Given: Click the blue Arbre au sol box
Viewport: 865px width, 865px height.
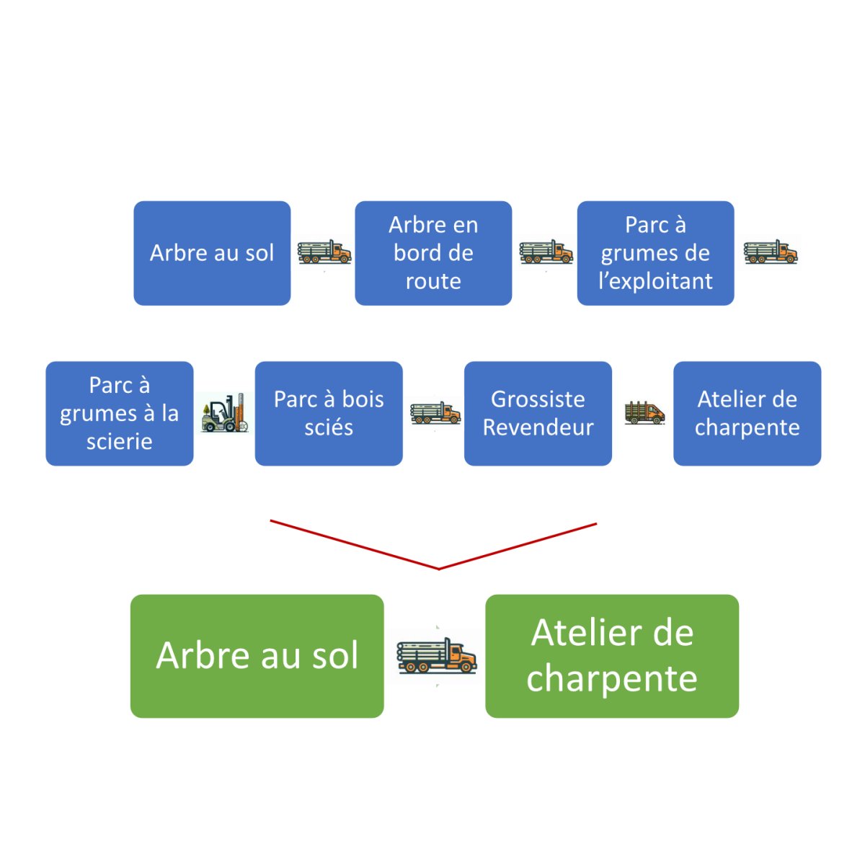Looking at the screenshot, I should coord(212,253).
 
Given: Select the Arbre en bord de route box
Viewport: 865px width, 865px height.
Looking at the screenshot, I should coord(433,253).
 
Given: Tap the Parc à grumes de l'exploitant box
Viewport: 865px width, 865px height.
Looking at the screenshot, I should coord(655,253).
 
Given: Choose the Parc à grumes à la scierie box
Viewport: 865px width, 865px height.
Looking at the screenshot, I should coord(120,413).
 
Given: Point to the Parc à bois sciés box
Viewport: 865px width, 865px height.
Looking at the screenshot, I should coord(329,413).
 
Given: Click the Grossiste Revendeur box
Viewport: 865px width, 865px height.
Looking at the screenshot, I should coord(538,413).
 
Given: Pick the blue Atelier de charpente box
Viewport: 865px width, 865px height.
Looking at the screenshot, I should coord(747,413).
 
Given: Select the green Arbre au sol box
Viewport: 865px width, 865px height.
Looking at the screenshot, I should coord(257,656).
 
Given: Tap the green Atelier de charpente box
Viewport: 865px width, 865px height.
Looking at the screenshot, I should coord(612,656).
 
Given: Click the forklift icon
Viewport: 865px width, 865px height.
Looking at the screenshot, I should coord(224,413).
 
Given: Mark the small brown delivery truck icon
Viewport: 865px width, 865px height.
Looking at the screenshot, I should coord(644,413).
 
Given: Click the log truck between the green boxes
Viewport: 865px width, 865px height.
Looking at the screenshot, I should coord(436,656).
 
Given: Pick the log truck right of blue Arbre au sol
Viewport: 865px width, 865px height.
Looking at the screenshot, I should coord(324,252).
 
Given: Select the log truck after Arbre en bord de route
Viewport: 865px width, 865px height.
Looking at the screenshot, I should coord(546,252).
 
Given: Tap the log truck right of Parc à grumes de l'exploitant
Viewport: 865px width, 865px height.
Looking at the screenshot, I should coord(771,252).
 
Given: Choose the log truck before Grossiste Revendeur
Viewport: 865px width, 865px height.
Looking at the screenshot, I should coord(435,413).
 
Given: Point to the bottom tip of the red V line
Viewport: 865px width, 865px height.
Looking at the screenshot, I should coord(438,569).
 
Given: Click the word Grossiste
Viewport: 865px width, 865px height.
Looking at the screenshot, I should coord(538,399).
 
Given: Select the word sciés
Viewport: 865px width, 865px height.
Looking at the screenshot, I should coord(329,427).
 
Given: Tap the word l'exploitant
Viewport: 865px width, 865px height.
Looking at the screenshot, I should coord(655,281).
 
